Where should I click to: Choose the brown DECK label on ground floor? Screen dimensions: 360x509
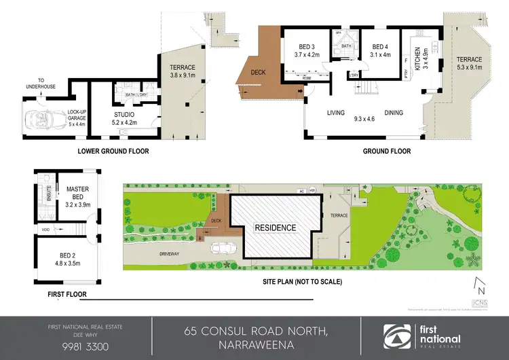[x=258, y=71]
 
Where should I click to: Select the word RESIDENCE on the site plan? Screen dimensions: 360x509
[x=275, y=228]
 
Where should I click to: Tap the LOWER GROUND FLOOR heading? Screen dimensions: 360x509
[x=113, y=151]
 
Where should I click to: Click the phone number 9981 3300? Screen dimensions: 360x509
[x=75, y=346]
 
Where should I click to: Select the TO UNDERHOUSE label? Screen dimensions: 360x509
[x=52, y=83]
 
